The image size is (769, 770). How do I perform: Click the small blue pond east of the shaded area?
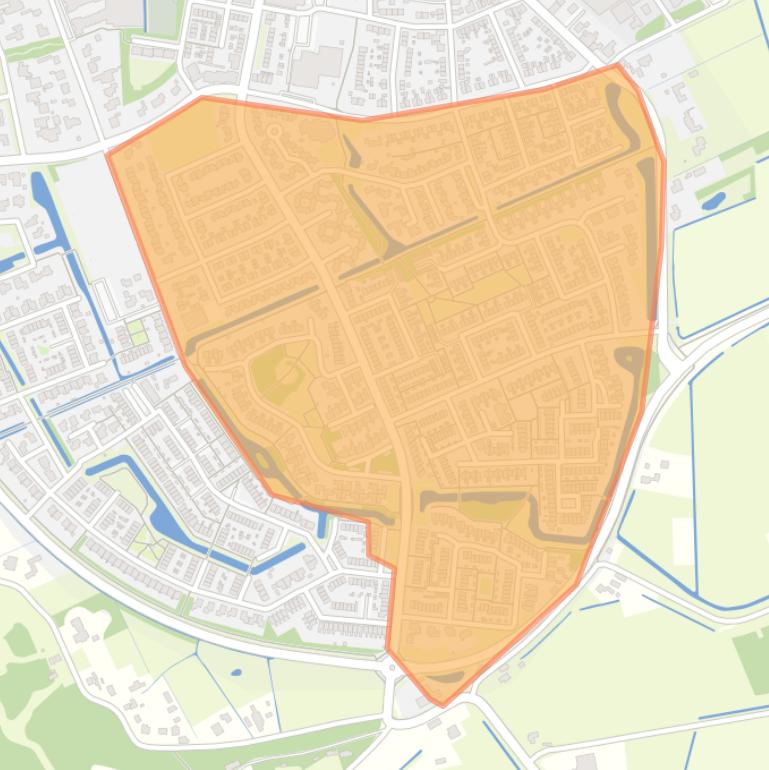713,201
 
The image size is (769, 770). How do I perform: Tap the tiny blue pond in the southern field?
236,672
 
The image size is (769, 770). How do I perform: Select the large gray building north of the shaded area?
317,67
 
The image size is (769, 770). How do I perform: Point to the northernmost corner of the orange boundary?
617,66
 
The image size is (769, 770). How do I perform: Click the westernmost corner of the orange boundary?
108,154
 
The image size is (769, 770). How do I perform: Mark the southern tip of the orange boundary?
443,705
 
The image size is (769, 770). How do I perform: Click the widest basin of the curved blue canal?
160,518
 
